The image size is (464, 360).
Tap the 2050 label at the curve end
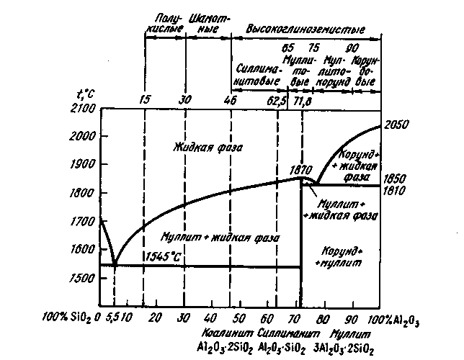coord(396,125)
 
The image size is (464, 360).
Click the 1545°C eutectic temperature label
coord(164,256)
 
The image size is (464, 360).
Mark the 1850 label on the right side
coord(398,178)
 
